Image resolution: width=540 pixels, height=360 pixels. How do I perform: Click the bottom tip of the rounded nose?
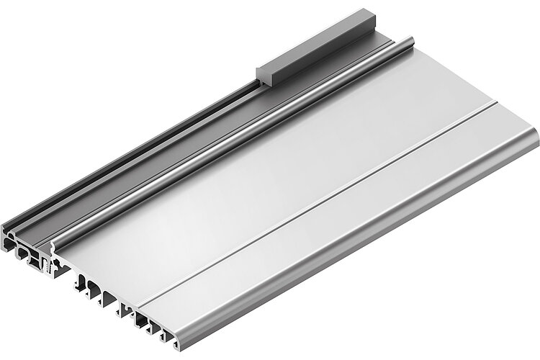coord(176,338)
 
